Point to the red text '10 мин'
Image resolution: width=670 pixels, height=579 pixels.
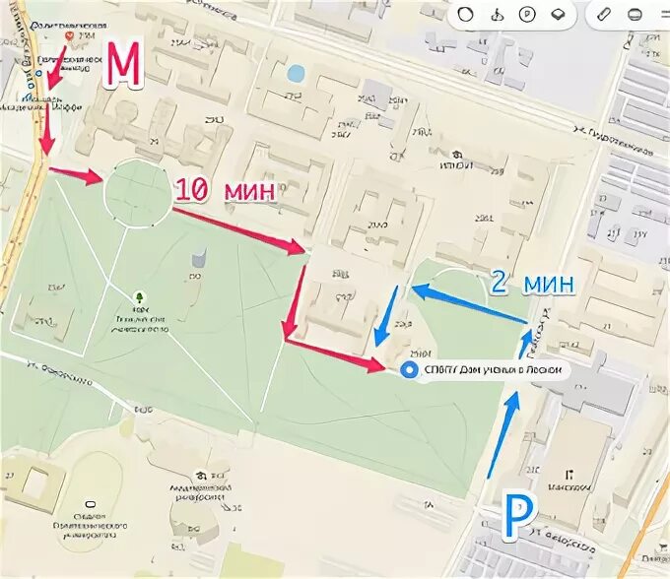(x=225, y=191)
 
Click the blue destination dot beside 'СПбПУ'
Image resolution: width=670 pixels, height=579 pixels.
(x=410, y=369)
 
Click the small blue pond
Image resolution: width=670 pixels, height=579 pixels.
(x=295, y=72)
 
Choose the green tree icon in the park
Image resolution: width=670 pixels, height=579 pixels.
(x=139, y=295)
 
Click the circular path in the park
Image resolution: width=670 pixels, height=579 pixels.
(x=137, y=194)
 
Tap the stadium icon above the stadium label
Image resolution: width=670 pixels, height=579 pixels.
(x=91, y=504)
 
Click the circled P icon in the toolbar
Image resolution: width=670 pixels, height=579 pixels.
(x=527, y=16)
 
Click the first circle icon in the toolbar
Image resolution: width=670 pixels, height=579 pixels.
(x=466, y=16)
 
